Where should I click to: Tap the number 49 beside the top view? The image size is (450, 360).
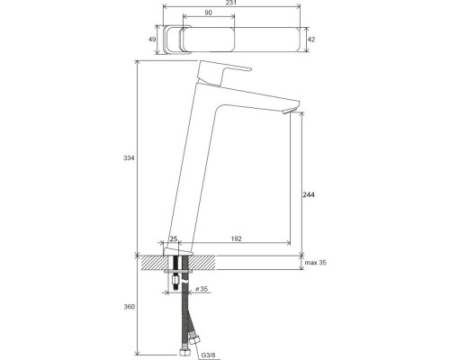point(153,40)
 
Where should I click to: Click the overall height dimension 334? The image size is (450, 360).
point(129,158)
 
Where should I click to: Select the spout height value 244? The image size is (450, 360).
point(310,194)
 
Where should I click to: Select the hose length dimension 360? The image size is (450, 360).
point(129,308)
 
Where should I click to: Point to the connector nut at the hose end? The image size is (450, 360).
point(193,343)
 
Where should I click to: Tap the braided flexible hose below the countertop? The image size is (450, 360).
point(186,310)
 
